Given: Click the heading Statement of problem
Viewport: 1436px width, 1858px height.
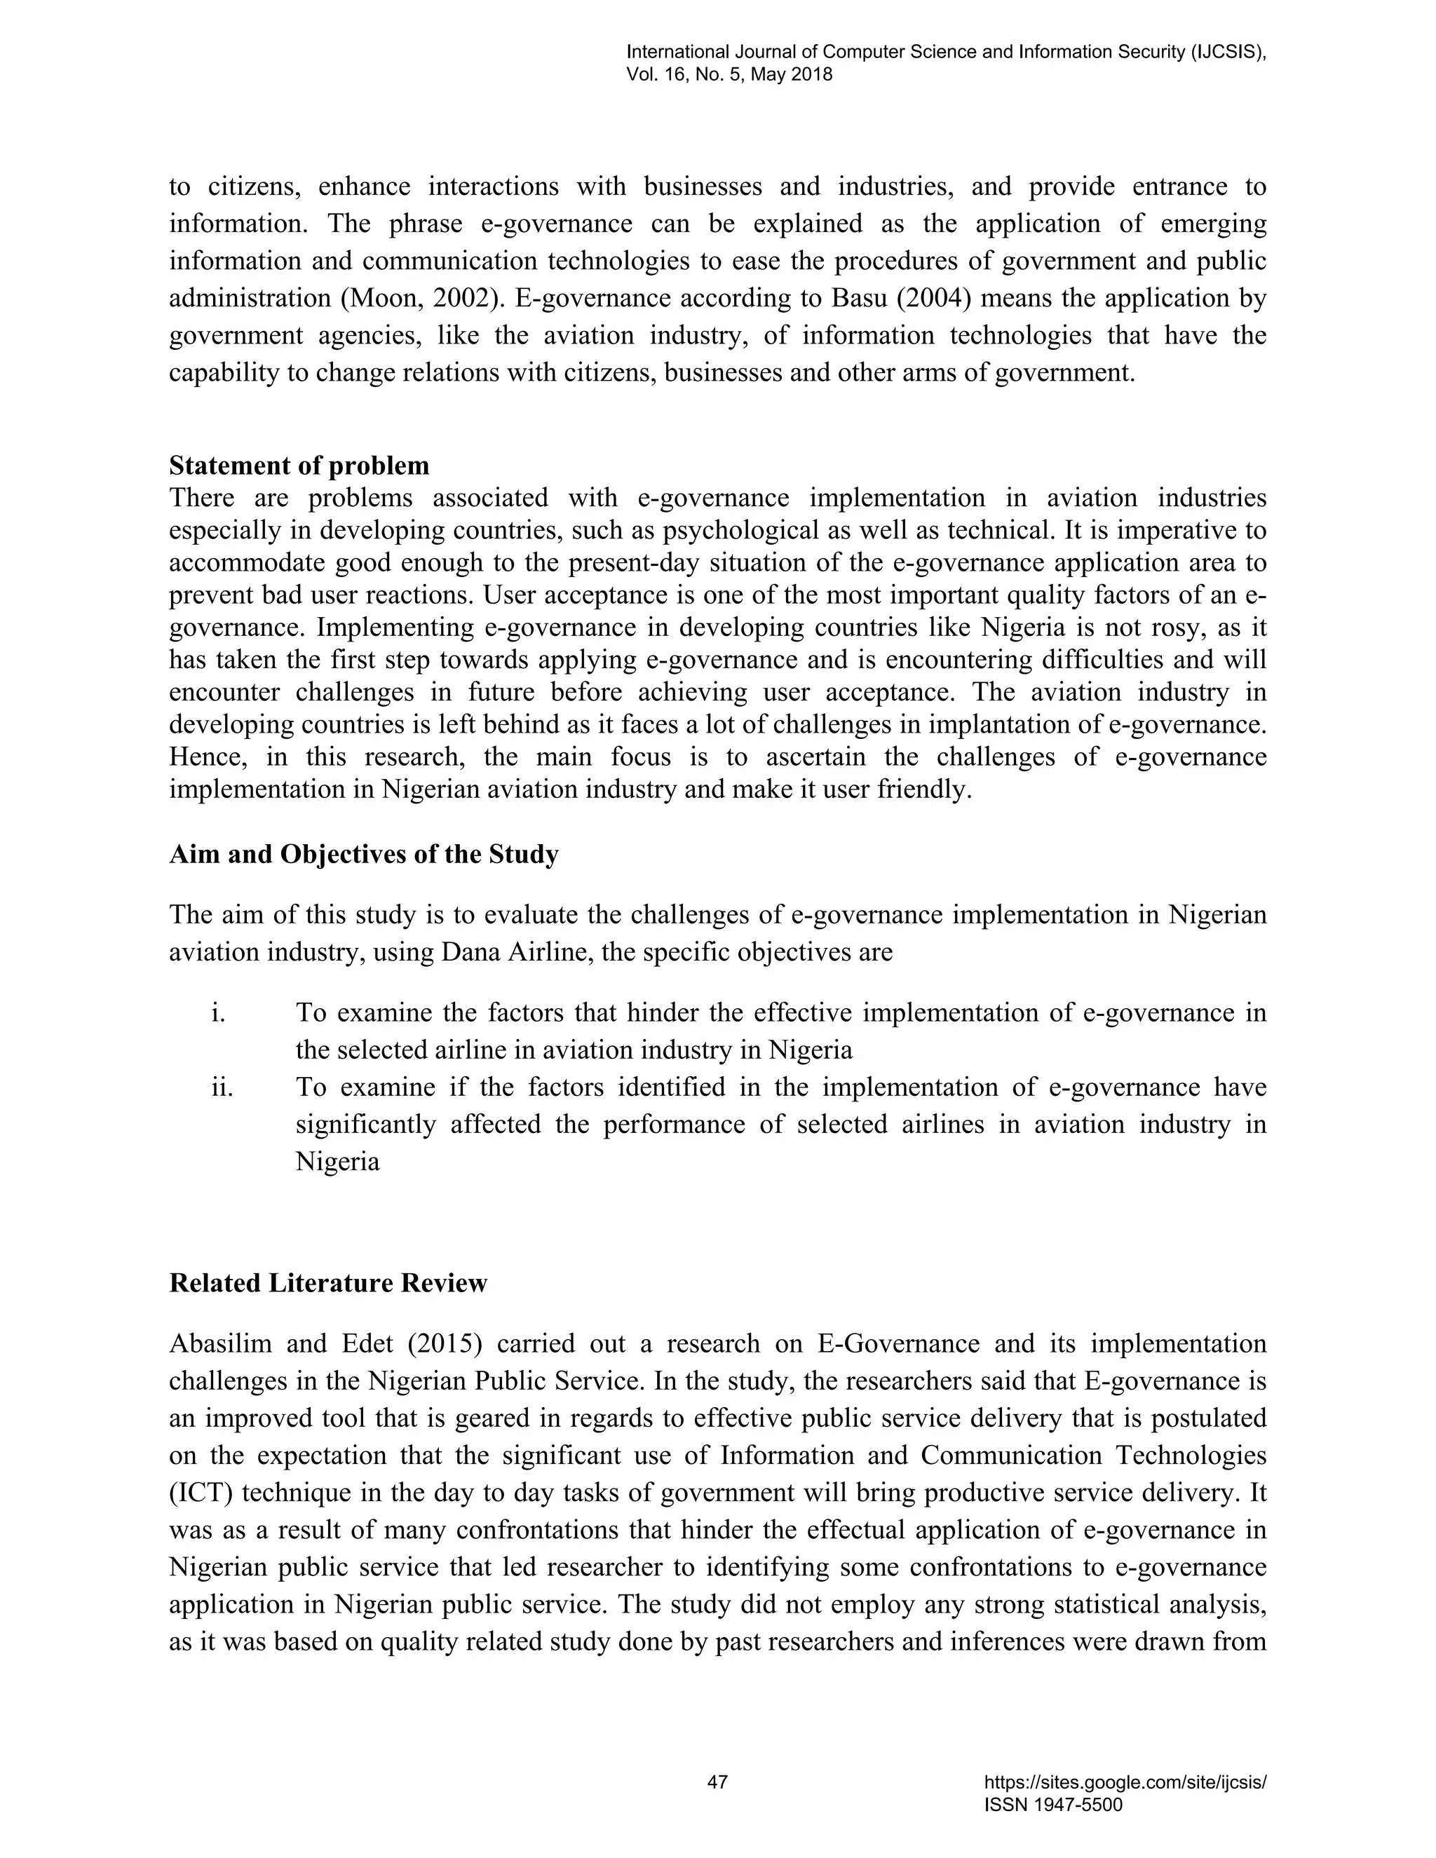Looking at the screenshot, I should pyautogui.click(x=299, y=466).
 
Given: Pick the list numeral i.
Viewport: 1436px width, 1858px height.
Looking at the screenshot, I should pyautogui.click(x=219, y=1012).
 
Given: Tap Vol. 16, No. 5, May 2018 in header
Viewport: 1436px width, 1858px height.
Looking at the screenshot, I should pyautogui.click(x=729, y=74).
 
